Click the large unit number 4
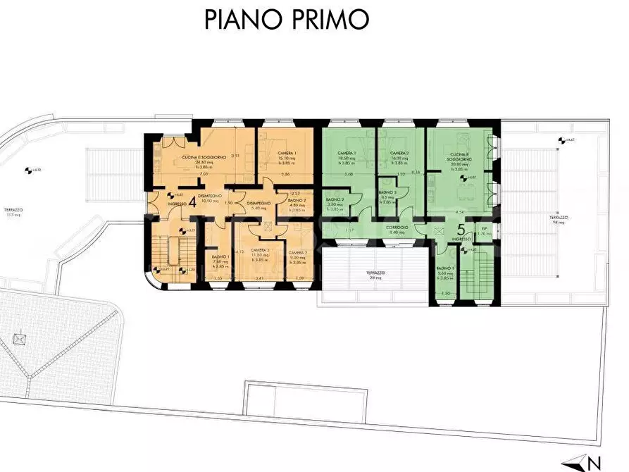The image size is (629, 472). [192, 201]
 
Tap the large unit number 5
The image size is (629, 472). [461, 230]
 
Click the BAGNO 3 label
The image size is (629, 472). [388, 192]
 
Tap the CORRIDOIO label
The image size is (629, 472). [395, 228]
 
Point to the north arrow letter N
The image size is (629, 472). [594, 464]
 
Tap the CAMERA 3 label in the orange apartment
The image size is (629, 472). [260, 251]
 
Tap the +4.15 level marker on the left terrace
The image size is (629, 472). [29, 170]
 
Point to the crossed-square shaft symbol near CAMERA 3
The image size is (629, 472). [268, 225]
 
